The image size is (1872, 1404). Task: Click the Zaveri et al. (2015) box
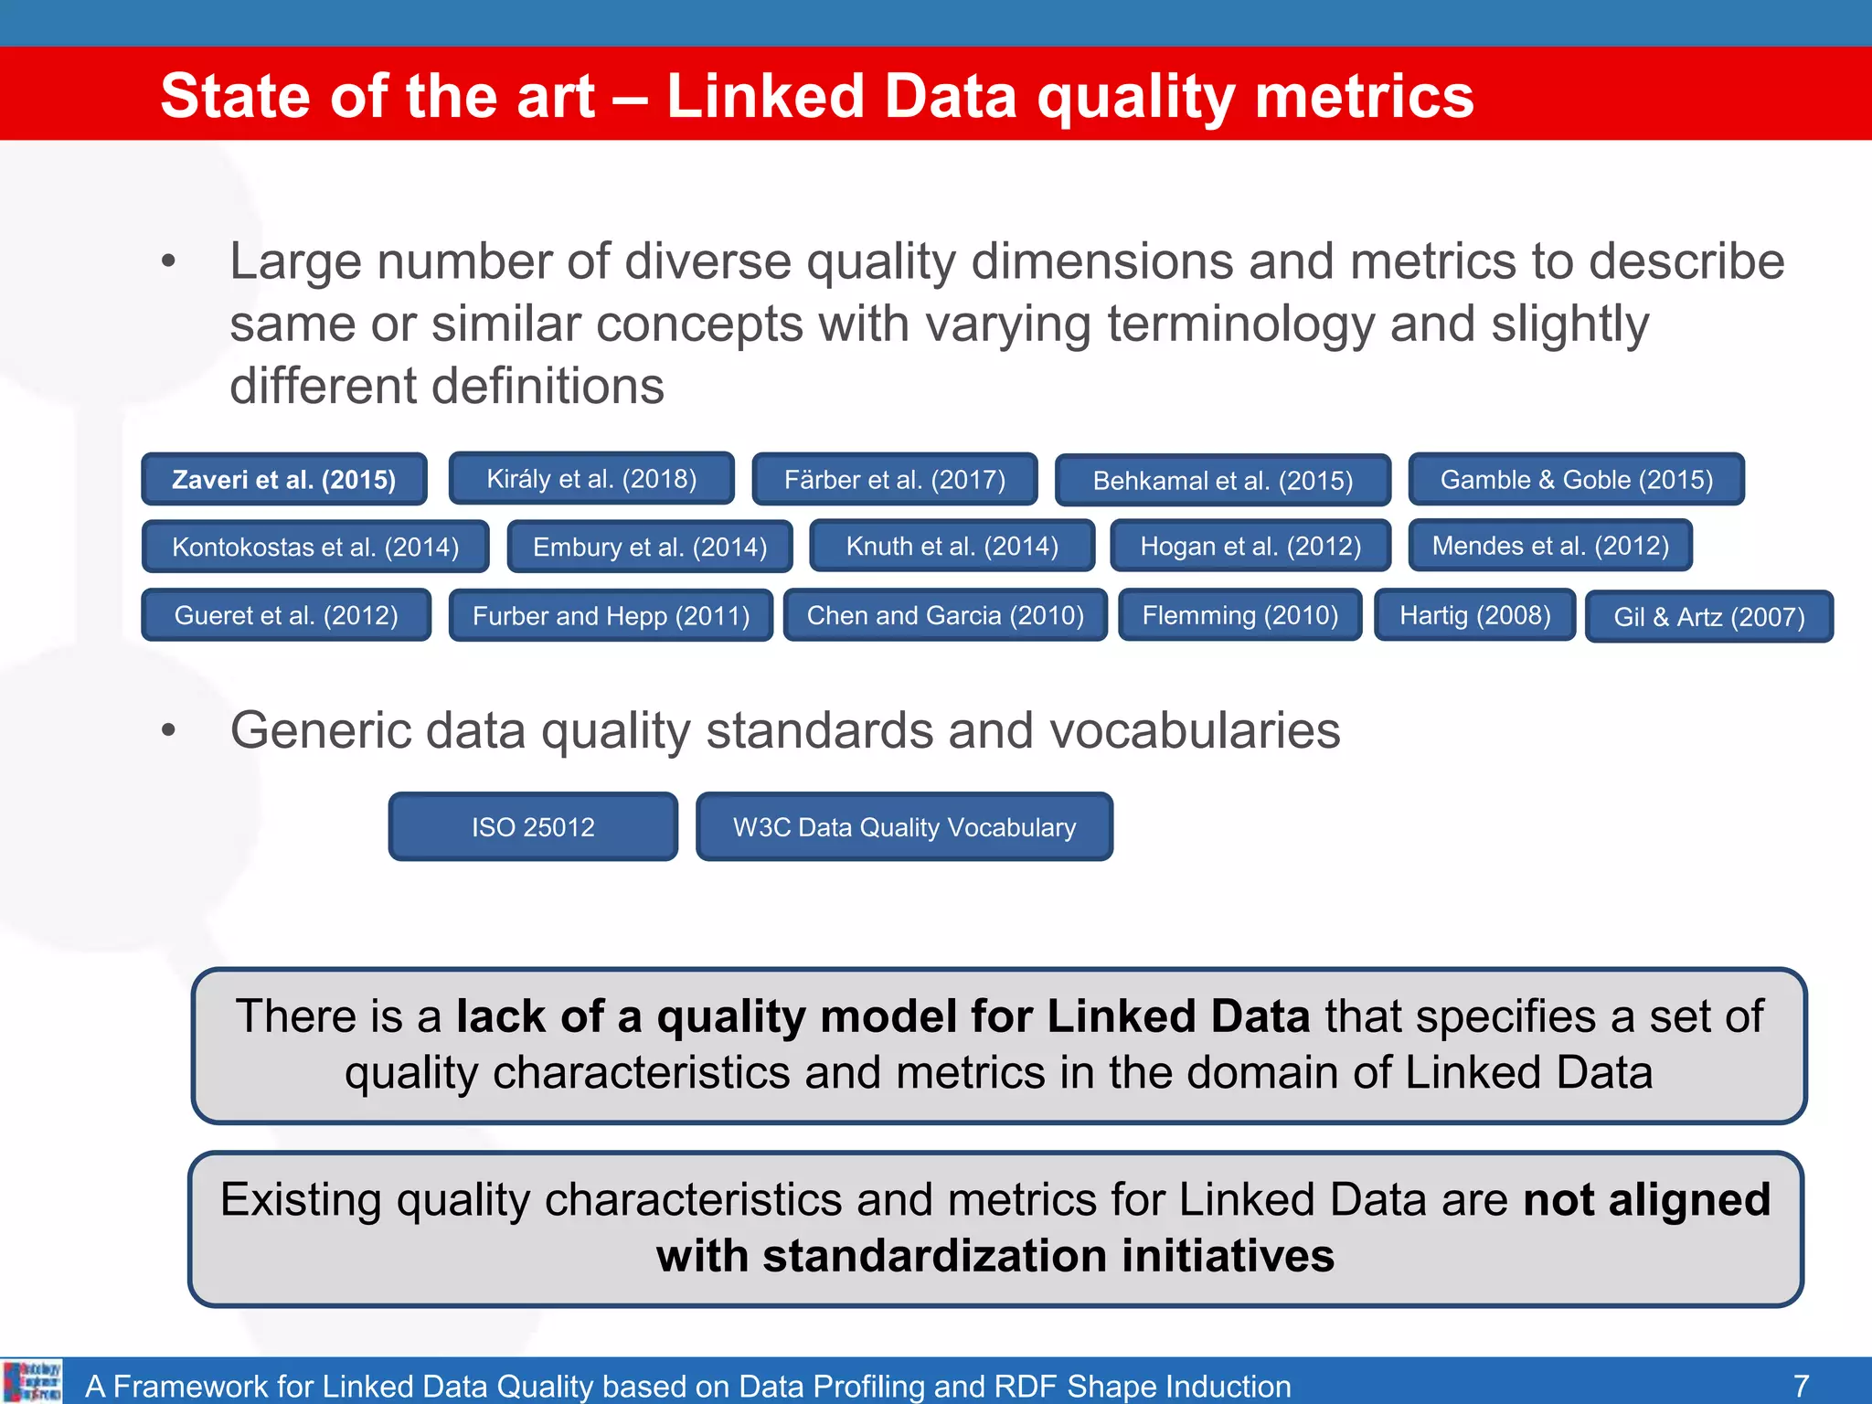point(284,480)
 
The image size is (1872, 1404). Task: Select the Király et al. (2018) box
point(591,479)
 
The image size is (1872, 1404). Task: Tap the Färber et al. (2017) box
point(895,480)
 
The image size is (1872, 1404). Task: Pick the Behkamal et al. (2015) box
point(1223,481)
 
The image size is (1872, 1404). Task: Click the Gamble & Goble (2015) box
point(1577,480)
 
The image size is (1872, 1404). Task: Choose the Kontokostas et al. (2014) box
point(315,547)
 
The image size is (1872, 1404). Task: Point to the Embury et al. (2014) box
point(650,547)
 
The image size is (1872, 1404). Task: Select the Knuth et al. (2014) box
point(952,546)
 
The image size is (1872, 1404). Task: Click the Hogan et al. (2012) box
point(1250,546)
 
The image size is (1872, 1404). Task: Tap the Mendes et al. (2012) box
point(1550,546)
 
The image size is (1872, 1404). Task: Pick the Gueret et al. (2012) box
point(286,615)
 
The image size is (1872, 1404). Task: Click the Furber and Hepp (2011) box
point(611,616)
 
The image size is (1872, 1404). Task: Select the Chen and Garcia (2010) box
point(945,615)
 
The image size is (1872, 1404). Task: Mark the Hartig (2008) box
point(1475,615)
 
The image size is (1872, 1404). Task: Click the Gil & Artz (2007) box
point(1709,617)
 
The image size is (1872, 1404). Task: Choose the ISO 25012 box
point(533,827)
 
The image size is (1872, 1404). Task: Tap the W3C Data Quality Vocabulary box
point(904,827)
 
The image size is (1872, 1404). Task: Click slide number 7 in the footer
point(1801,1386)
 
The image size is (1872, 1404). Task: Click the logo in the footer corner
point(32,1381)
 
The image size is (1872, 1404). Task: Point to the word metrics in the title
point(1364,96)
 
